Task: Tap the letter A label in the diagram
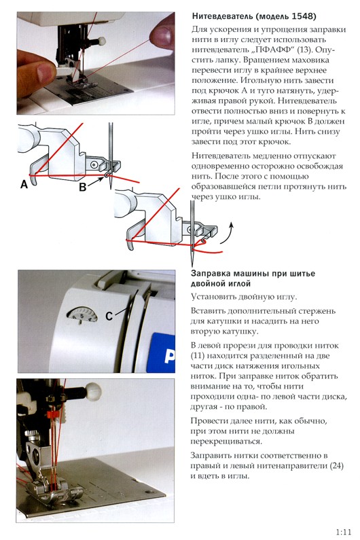click(24, 184)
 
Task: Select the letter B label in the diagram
click(83, 188)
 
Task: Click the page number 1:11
click(343, 531)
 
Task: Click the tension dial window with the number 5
click(78, 314)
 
